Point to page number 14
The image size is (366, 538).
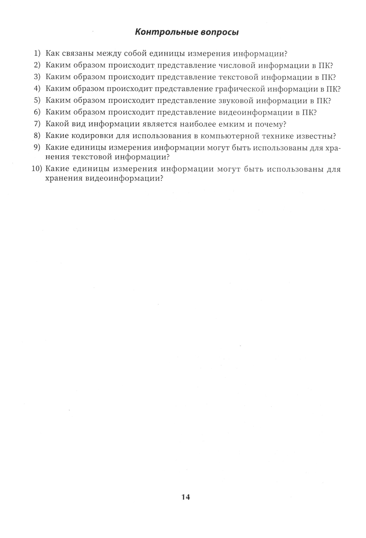point(186,497)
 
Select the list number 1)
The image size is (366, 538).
point(37,53)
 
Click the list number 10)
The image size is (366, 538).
point(37,169)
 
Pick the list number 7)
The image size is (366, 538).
point(37,124)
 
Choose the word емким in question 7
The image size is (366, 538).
point(230,124)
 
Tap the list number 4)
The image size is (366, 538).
point(37,89)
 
